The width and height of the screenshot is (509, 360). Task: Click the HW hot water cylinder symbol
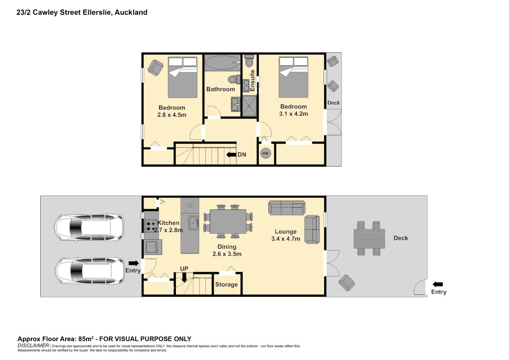(265, 153)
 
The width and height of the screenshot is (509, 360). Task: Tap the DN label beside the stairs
(242, 155)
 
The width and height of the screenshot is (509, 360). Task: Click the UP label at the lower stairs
(184, 269)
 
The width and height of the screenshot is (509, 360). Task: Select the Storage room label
(226, 284)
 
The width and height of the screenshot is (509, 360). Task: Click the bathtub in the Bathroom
(223, 63)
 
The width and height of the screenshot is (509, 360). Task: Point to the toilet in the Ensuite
(250, 61)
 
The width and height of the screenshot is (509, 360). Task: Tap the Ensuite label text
(252, 80)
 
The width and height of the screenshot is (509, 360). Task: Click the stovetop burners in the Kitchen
(150, 226)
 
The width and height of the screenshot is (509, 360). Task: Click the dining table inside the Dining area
(228, 222)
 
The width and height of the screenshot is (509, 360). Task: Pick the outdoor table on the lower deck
(369, 239)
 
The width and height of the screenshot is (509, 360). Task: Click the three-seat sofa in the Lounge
(287, 207)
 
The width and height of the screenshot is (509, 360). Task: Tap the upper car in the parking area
(89, 227)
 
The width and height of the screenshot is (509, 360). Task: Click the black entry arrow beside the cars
(134, 263)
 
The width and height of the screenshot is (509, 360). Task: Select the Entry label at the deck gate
(438, 292)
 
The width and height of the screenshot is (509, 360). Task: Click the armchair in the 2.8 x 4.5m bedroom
(156, 68)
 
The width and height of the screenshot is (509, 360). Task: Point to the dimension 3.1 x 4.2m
(293, 113)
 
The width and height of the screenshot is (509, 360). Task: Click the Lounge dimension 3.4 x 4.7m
(286, 239)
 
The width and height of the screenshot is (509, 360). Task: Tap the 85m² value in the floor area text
(85, 339)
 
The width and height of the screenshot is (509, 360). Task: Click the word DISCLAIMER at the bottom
(33, 346)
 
